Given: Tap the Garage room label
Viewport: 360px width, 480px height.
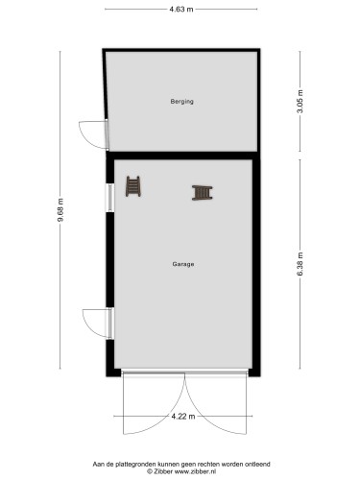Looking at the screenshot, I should [x=183, y=264].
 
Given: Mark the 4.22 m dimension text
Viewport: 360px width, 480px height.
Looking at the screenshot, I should [x=180, y=416].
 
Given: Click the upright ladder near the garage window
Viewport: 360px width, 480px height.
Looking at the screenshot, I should [x=135, y=184].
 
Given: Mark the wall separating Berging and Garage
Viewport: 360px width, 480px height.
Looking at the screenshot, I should [x=182, y=154].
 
